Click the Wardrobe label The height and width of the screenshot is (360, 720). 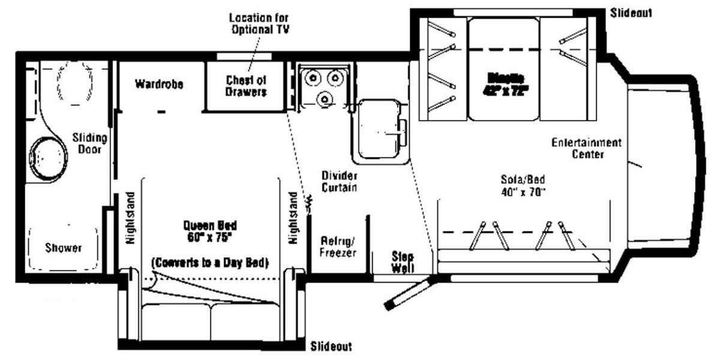click(x=158, y=84)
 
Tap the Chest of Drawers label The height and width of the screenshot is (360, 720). click(x=246, y=86)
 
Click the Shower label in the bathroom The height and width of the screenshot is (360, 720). click(x=63, y=248)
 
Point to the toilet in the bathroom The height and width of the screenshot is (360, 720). click(x=76, y=88)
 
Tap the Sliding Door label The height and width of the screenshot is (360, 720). click(x=89, y=143)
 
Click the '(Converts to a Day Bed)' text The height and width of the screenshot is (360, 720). click(x=210, y=262)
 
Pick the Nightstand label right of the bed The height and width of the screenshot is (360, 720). click(x=293, y=217)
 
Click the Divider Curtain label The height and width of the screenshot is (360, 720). click(x=339, y=181)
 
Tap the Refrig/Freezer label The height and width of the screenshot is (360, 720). click(x=339, y=247)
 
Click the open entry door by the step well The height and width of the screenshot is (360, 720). click(x=407, y=294)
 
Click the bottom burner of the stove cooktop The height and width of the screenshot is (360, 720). click(x=325, y=98)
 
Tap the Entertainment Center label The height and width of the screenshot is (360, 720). click(x=586, y=148)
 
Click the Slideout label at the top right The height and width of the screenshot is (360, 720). click(x=631, y=13)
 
